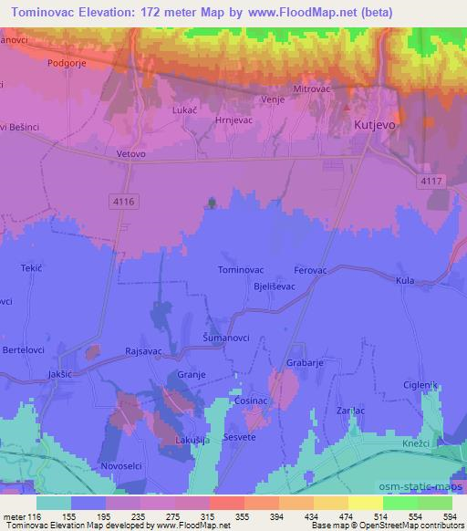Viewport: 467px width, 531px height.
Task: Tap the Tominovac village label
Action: pos(242,269)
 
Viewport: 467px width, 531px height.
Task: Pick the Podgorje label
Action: pos(67,64)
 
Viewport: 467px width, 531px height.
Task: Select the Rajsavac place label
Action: pos(143,351)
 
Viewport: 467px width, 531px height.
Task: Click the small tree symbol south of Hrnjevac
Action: pos(213,203)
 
